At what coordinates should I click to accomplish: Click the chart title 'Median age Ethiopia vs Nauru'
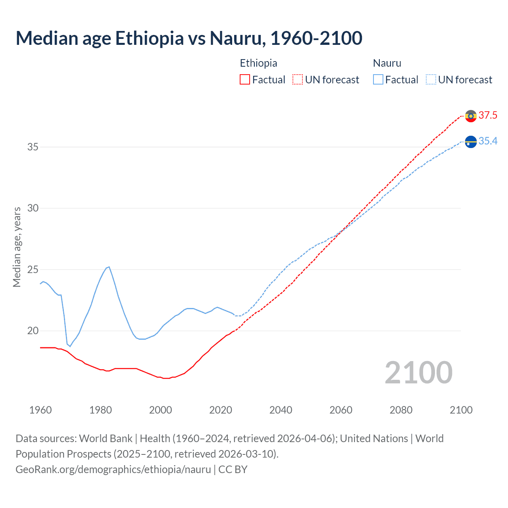pos(189,38)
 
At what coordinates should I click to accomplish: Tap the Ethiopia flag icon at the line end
pos(471,116)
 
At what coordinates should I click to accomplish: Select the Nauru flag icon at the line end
pos(471,142)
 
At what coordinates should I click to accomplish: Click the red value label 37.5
pos(488,115)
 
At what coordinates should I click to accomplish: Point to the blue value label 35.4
pos(488,141)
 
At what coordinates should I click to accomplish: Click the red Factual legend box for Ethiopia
pos(245,80)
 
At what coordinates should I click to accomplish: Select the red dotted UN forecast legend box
pos(298,80)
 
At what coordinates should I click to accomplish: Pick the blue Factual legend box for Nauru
pos(378,80)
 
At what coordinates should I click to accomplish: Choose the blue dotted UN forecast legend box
pos(431,80)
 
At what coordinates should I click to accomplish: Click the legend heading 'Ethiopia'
pos(258,63)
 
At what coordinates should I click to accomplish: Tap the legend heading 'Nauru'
pos(387,63)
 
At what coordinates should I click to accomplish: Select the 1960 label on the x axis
pos(40,410)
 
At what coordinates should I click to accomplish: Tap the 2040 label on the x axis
pos(281,410)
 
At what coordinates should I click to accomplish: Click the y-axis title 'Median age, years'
pos(17,247)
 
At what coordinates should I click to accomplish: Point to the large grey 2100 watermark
pos(418,372)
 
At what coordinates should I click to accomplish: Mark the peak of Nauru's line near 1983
pos(109,267)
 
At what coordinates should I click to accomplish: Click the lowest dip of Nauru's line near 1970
pos(70,346)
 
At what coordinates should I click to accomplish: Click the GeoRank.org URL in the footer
pos(113,470)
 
